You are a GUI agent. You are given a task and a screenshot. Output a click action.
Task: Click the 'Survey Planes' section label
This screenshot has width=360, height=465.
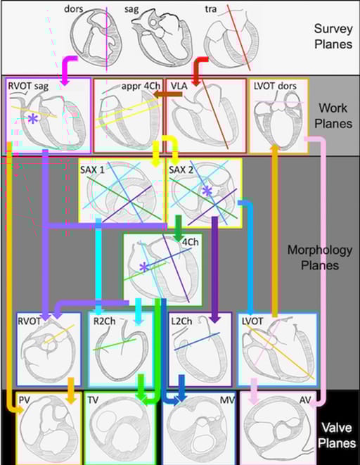click(333, 36)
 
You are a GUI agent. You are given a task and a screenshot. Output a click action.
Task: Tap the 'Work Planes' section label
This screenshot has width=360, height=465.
click(333, 115)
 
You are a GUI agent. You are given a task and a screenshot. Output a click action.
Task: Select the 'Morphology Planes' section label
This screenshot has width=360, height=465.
click(320, 257)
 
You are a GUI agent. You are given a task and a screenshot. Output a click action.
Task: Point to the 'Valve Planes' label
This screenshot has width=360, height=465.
click(337, 435)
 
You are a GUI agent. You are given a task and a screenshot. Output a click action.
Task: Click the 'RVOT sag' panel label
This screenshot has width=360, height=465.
click(28, 86)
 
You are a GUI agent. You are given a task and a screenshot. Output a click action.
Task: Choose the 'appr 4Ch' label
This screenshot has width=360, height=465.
click(141, 86)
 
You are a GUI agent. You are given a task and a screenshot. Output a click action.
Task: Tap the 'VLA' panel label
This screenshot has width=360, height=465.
click(179, 86)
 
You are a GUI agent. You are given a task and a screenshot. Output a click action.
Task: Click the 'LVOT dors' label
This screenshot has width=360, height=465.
click(275, 86)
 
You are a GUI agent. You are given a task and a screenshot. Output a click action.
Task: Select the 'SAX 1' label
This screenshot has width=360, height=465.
click(92, 170)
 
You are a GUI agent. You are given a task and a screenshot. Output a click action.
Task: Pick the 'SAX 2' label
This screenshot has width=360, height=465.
click(181, 170)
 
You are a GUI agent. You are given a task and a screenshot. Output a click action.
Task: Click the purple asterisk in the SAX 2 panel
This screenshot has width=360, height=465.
click(207, 191)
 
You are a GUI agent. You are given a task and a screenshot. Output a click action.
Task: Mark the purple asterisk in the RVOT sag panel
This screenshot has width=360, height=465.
click(33, 119)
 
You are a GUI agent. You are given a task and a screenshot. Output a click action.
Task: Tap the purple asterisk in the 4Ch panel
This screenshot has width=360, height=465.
click(144, 267)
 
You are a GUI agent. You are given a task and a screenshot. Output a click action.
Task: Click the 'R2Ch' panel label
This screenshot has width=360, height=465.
click(104, 321)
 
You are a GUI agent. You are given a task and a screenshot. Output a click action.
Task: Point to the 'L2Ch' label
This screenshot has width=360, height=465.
click(181, 321)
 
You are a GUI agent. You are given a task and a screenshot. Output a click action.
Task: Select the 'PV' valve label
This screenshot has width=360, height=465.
click(25, 400)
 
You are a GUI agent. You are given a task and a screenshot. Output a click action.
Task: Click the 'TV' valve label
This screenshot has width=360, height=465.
click(93, 400)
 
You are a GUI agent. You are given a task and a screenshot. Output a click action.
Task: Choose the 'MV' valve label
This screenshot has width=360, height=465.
click(227, 400)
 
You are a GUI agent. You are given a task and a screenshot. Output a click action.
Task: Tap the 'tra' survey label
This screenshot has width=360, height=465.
click(211, 9)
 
